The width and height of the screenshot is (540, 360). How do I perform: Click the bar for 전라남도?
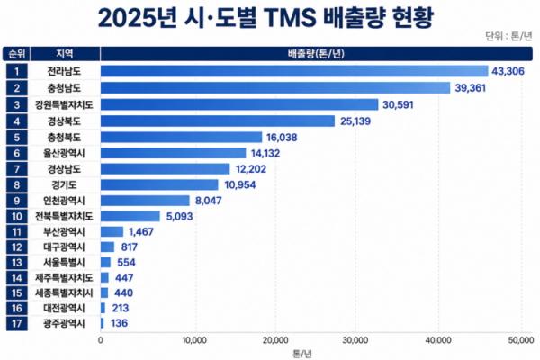294,71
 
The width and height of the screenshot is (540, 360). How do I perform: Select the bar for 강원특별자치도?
239,104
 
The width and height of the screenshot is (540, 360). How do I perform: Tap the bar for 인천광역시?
145,201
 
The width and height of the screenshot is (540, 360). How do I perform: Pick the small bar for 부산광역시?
112,231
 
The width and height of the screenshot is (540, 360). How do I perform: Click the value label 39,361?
471,88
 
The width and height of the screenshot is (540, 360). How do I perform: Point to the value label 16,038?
282,138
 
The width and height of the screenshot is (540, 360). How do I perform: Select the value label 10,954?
240,185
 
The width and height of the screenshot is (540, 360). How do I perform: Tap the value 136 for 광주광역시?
119,323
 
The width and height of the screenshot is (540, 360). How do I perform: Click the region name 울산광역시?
64,153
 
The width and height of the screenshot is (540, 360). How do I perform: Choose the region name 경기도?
64,185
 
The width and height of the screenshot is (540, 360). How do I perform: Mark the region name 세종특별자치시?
64,292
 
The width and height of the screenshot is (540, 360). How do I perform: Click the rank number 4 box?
16,121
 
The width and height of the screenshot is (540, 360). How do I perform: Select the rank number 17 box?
16,323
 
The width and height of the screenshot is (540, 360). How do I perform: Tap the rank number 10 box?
16,216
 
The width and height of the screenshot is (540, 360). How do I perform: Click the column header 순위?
16,54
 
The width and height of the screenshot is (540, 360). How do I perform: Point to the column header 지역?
65,54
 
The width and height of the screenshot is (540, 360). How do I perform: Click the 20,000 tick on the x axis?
275,340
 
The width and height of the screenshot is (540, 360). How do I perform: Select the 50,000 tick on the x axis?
520,340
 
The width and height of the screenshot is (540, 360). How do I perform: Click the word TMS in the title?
290,18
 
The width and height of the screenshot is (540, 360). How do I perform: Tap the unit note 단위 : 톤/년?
508,36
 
